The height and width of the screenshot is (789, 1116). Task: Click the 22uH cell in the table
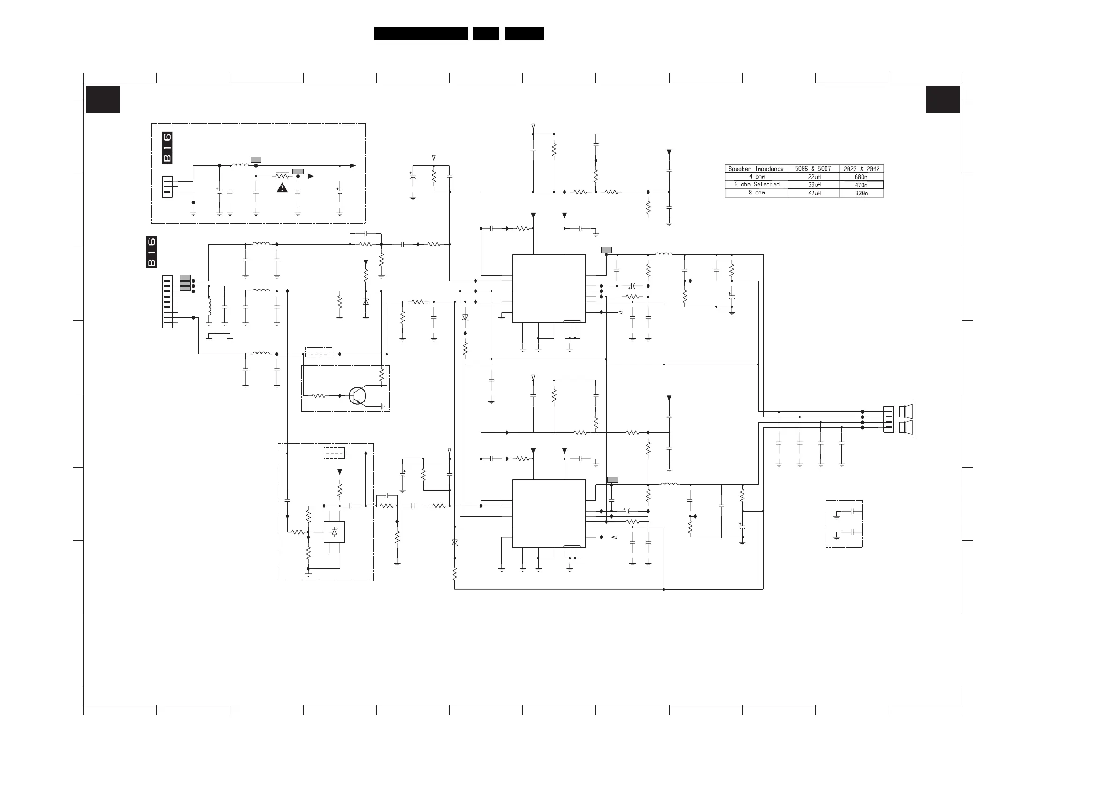[x=814, y=177]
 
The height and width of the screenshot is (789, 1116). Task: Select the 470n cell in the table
[x=861, y=185]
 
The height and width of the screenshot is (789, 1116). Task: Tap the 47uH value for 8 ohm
[x=814, y=193]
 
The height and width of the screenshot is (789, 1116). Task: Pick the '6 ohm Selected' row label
[x=756, y=185]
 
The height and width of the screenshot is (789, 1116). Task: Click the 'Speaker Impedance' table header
[x=756, y=169]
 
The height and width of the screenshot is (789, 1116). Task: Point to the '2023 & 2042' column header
[x=861, y=169]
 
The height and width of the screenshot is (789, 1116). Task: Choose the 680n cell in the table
[x=861, y=177]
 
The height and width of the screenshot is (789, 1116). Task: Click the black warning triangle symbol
[x=282, y=188]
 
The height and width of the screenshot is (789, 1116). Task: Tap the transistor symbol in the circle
[x=357, y=396]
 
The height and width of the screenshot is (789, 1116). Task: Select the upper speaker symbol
[x=906, y=412]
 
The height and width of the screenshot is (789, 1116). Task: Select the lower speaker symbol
[x=906, y=428]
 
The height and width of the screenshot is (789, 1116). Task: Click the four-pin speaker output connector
[x=888, y=419]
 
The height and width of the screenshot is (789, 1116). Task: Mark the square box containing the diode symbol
[x=335, y=532]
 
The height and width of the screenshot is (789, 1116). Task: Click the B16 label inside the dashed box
[x=167, y=147]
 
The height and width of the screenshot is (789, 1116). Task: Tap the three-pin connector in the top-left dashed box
[x=167, y=186]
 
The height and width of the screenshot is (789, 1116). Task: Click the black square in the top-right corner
[x=943, y=99]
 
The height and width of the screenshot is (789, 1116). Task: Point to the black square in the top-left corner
[x=103, y=99]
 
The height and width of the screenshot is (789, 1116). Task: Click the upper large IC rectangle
[x=549, y=288]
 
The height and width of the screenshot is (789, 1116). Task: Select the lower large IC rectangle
[x=549, y=514]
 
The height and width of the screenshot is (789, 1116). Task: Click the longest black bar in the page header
[x=421, y=33]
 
